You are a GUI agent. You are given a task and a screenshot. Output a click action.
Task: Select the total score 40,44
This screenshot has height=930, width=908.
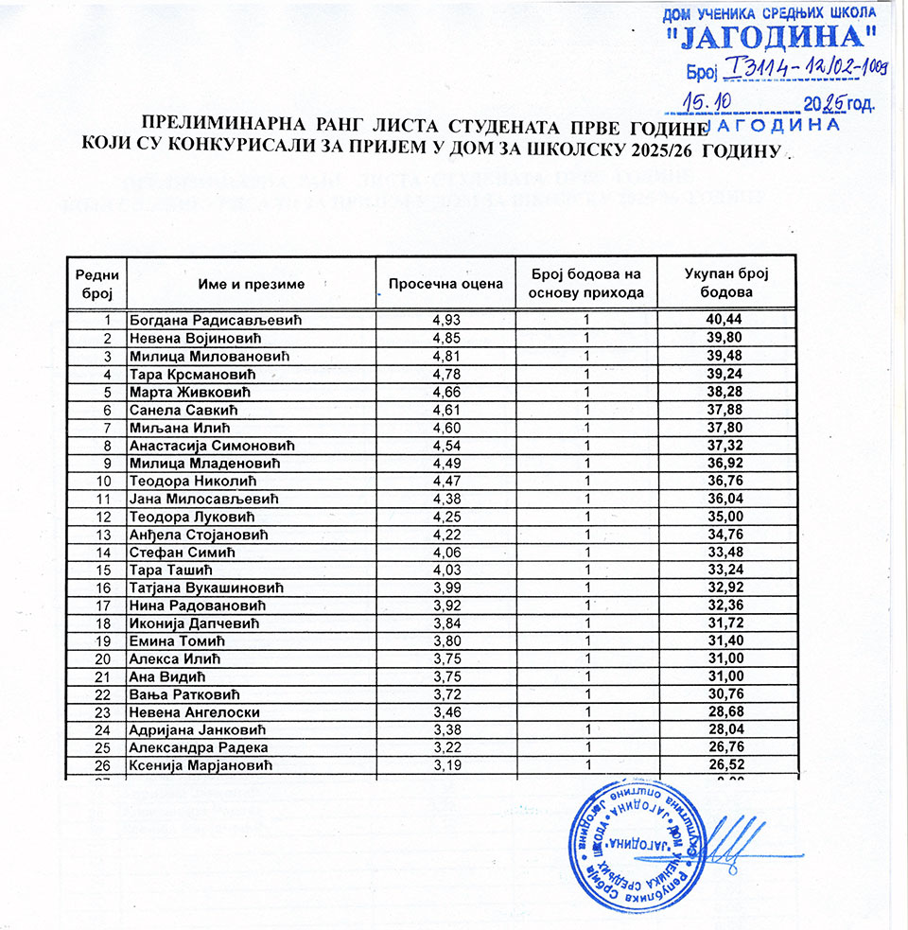click(725, 320)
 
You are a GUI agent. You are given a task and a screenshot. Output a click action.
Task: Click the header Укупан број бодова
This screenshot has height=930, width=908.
click(725, 283)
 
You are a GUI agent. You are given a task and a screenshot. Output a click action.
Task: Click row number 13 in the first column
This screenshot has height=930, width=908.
click(106, 535)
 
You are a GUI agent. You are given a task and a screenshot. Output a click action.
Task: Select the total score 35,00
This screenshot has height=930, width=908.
click(725, 517)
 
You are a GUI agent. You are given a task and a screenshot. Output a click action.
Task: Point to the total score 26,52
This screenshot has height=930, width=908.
click(725, 765)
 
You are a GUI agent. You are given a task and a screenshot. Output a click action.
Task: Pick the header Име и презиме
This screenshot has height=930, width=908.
click(251, 284)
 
